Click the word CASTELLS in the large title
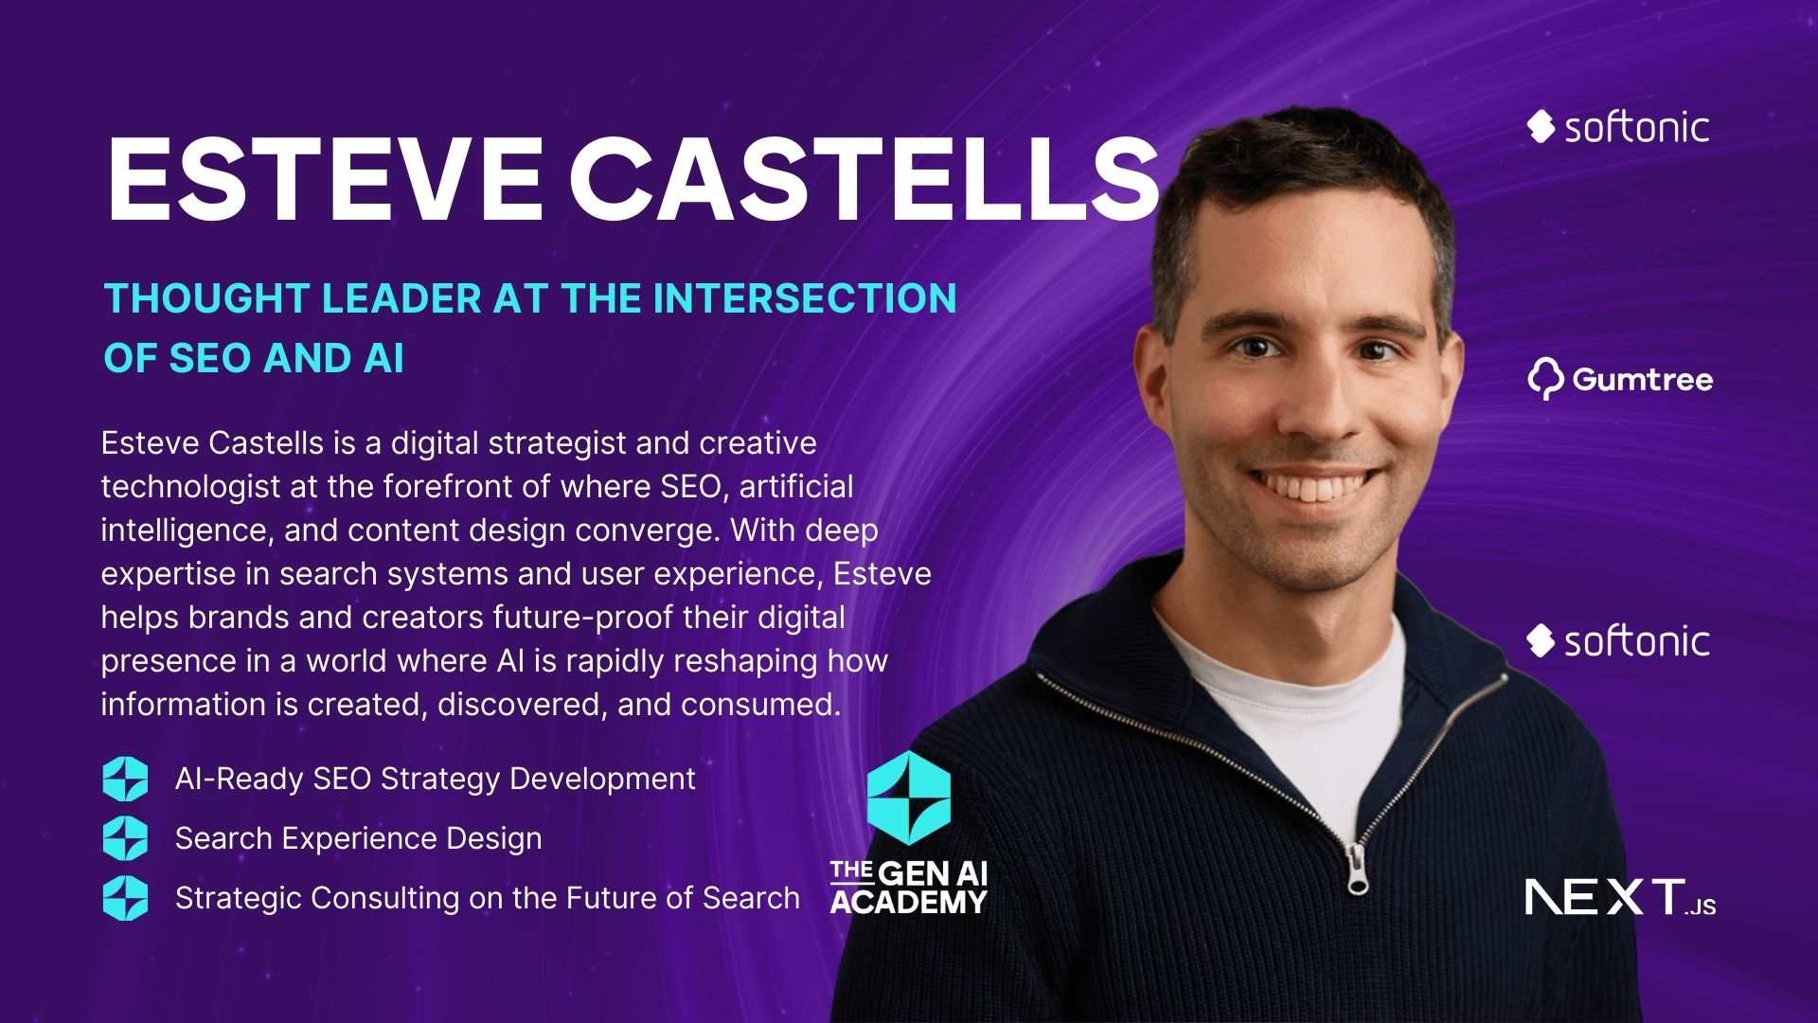point(863,180)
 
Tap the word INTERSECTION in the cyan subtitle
point(805,297)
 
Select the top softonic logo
point(1618,127)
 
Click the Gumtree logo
point(1620,380)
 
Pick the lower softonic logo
point(1618,641)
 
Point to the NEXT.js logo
point(1620,897)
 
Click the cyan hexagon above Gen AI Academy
point(909,797)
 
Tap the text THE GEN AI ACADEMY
point(909,887)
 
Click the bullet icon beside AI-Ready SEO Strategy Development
point(125,780)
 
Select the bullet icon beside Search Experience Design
point(125,838)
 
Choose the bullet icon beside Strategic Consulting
point(125,898)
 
